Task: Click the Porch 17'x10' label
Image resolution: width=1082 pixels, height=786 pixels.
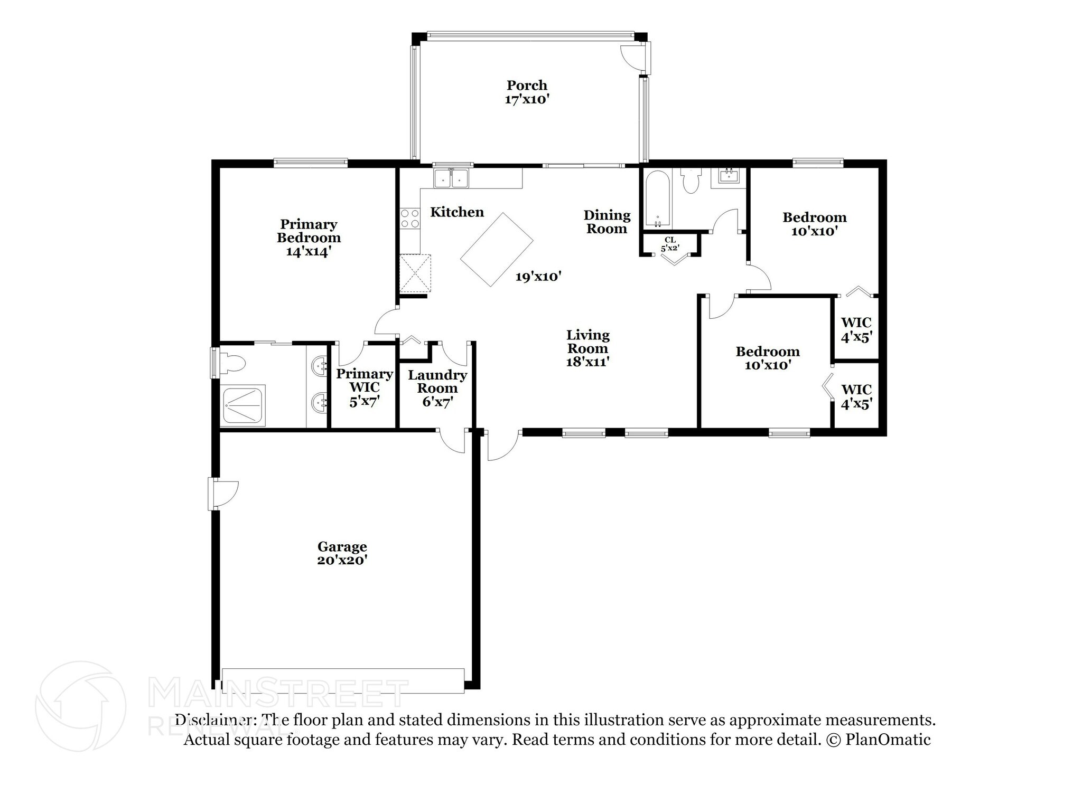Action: [527, 92]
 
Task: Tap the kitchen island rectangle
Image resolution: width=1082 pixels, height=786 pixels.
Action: [497, 250]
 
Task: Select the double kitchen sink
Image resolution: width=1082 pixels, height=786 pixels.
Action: [451, 178]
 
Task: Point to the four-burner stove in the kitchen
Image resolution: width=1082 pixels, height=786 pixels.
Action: [409, 219]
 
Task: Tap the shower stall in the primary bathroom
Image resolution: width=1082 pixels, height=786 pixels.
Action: [244, 405]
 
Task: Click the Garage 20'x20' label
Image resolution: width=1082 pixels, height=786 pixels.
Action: [342, 553]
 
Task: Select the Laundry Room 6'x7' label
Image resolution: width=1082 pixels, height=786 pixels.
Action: [437, 389]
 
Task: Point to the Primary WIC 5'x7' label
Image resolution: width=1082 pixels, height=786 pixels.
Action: [365, 387]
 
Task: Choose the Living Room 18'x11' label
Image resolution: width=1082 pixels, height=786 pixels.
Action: [587, 348]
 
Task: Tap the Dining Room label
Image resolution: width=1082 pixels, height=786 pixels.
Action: [607, 222]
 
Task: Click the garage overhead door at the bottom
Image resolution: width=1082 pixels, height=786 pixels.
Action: [343, 680]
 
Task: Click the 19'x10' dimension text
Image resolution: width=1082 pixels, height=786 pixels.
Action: [538, 276]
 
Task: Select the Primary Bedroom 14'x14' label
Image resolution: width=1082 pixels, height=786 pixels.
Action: [309, 238]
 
